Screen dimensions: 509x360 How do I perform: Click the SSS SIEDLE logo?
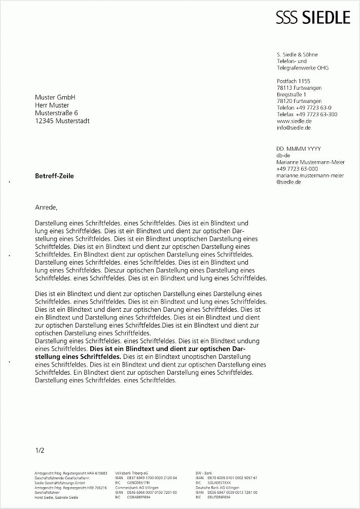[313, 18]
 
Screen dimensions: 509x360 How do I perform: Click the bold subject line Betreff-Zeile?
[54, 176]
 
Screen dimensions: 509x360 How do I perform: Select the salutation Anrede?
[47, 207]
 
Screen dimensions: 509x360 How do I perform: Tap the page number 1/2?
[40, 450]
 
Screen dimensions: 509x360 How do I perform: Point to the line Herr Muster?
[52, 105]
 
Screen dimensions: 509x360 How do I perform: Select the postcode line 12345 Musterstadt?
[62, 121]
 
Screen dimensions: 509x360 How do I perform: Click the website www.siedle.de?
[294, 122]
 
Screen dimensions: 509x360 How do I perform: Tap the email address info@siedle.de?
[294, 128]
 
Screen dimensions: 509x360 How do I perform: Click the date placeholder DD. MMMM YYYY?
[299, 149]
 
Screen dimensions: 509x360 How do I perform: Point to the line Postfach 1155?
[294, 81]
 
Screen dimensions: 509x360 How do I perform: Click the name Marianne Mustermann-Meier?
[310, 162]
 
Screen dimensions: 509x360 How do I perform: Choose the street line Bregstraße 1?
[292, 95]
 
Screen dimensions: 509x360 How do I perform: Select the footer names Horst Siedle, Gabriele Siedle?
[56, 497]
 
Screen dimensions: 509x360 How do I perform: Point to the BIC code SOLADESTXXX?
[219, 483]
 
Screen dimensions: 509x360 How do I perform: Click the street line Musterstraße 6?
[57, 113]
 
